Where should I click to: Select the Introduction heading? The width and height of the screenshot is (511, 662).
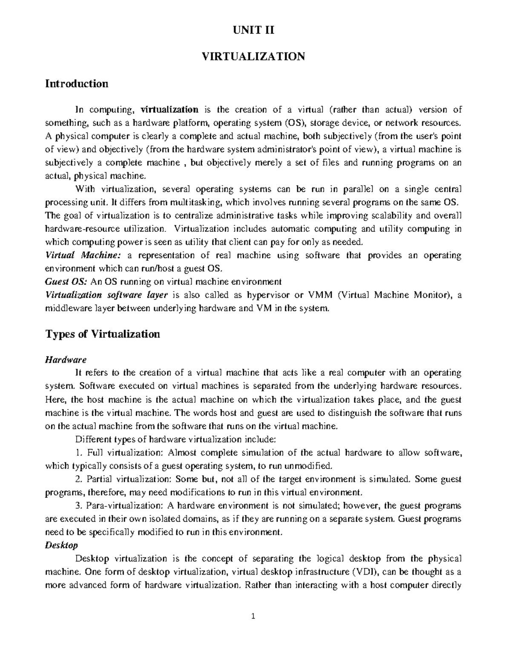tap(77, 84)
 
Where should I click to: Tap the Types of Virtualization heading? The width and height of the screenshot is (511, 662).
tap(102, 334)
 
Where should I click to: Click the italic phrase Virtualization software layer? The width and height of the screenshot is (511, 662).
tap(106, 295)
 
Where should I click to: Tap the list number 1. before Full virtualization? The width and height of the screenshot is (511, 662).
tap(78, 453)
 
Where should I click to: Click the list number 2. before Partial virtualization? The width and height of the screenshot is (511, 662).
tap(78, 479)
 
